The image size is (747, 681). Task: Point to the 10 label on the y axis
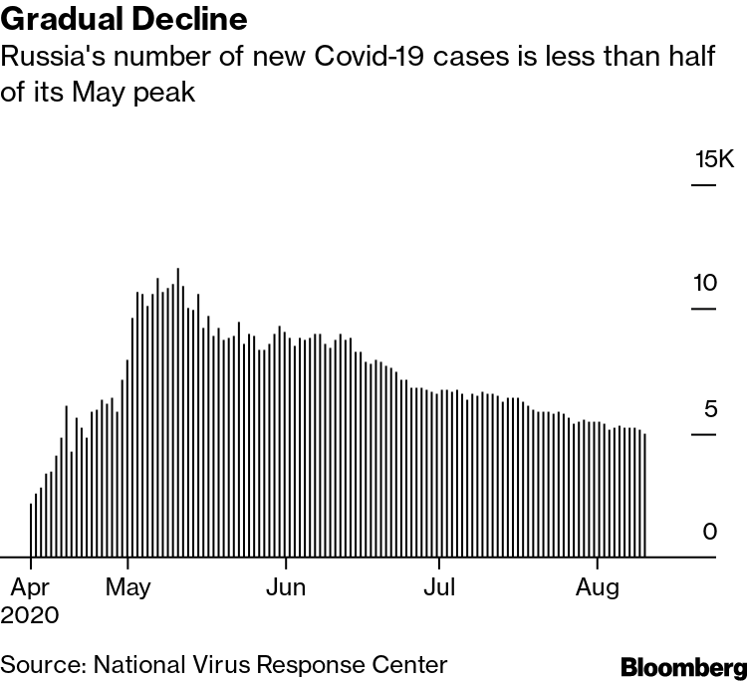[705, 283]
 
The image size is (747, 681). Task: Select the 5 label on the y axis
[710, 408]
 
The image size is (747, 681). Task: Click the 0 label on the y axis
[709, 532]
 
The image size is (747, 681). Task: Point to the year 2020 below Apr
[29, 613]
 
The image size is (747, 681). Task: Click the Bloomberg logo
[682, 664]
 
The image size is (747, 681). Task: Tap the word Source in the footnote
[36, 664]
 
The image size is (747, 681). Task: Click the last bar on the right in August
[645, 495]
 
